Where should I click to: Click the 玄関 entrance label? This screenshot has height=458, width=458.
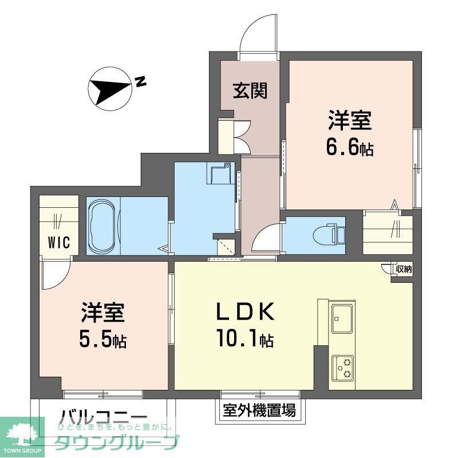pyautogui.click(x=250, y=90)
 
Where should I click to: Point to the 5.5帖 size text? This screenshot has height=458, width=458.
pyautogui.click(x=103, y=341)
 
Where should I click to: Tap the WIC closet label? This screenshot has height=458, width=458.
pyautogui.click(x=58, y=242)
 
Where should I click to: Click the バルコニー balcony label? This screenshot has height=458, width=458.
pyautogui.click(x=103, y=417)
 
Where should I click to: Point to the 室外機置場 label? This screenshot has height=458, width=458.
pyautogui.click(x=259, y=410)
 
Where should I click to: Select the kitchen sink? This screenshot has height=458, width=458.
pyautogui.click(x=342, y=317)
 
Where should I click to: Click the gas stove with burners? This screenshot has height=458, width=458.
pyautogui.click(x=342, y=367)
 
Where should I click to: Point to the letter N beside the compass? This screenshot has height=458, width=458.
pyautogui.click(x=140, y=82)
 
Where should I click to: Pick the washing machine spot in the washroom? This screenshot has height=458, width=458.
pyautogui.click(x=220, y=175)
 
